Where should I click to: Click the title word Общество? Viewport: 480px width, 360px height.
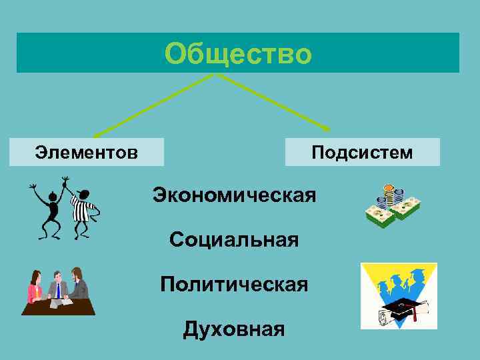pos(237,54)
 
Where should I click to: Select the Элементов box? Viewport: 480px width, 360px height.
pos(87,153)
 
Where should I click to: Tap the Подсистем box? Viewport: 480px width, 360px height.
pos(362,153)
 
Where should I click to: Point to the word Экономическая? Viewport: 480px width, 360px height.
pos(234,195)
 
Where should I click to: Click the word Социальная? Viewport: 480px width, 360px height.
pos(234,239)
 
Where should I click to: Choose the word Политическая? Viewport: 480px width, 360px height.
pos(234,284)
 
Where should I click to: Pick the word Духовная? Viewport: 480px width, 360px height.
pos(234,329)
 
